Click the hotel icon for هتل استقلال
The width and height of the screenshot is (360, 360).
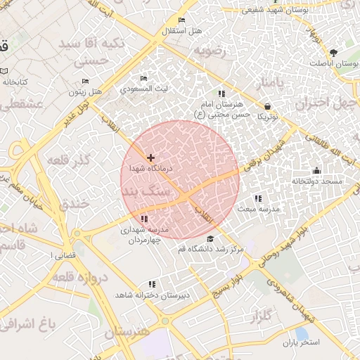[x=182, y=20]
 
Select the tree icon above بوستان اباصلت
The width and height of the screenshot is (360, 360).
[x=333, y=53]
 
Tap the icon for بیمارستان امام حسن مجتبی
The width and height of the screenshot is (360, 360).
[x=221, y=94]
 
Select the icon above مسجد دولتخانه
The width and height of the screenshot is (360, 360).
[x=316, y=170]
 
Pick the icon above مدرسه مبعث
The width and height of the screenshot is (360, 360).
[x=258, y=198]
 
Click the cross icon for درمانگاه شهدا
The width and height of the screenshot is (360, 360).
[x=150, y=157]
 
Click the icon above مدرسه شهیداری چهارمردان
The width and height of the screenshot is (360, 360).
[x=144, y=219]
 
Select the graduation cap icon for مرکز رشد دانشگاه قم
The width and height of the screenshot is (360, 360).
[x=210, y=239]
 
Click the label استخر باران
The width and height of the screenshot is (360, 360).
[x=301, y=342]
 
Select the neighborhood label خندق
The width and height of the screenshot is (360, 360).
[x=72, y=205]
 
